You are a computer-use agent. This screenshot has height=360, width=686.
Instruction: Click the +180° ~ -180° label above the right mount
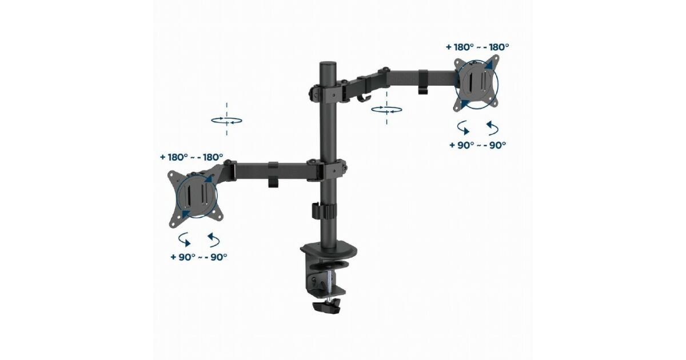pyautogui.click(x=477, y=47)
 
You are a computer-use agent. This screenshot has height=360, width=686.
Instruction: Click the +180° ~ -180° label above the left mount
pyautogui.click(x=192, y=157)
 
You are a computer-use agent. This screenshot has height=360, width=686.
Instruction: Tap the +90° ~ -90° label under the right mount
pyautogui.click(x=477, y=145)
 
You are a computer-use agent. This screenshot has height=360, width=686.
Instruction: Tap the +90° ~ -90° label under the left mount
pyautogui.click(x=199, y=257)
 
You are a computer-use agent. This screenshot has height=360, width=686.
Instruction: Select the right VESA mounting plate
pyautogui.click(x=476, y=83)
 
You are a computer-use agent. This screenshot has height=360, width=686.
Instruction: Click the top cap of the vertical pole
pyautogui.click(x=328, y=65)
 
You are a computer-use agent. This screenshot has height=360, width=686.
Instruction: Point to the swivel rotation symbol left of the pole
pyautogui.click(x=226, y=121)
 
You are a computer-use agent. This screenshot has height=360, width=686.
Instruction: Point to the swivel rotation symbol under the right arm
pyautogui.click(x=386, y=109)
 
